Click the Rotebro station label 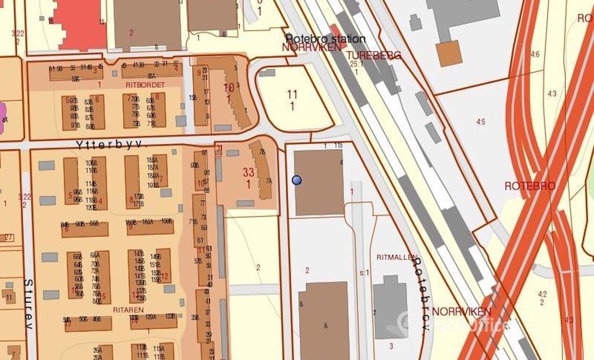[x=325, y=38]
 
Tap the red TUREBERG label [x=373, y=55]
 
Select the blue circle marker [x=297, y=180]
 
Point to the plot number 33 [x=248, y=172]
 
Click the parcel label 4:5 [x=480, y=122]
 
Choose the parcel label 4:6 [x=534, y=55]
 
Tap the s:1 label [x=364, y=273]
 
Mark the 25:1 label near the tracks [x=355, y=64]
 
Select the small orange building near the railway [x=449, y=53]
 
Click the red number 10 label [x=228, y=88]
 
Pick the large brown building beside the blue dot [x=319, y=182]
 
